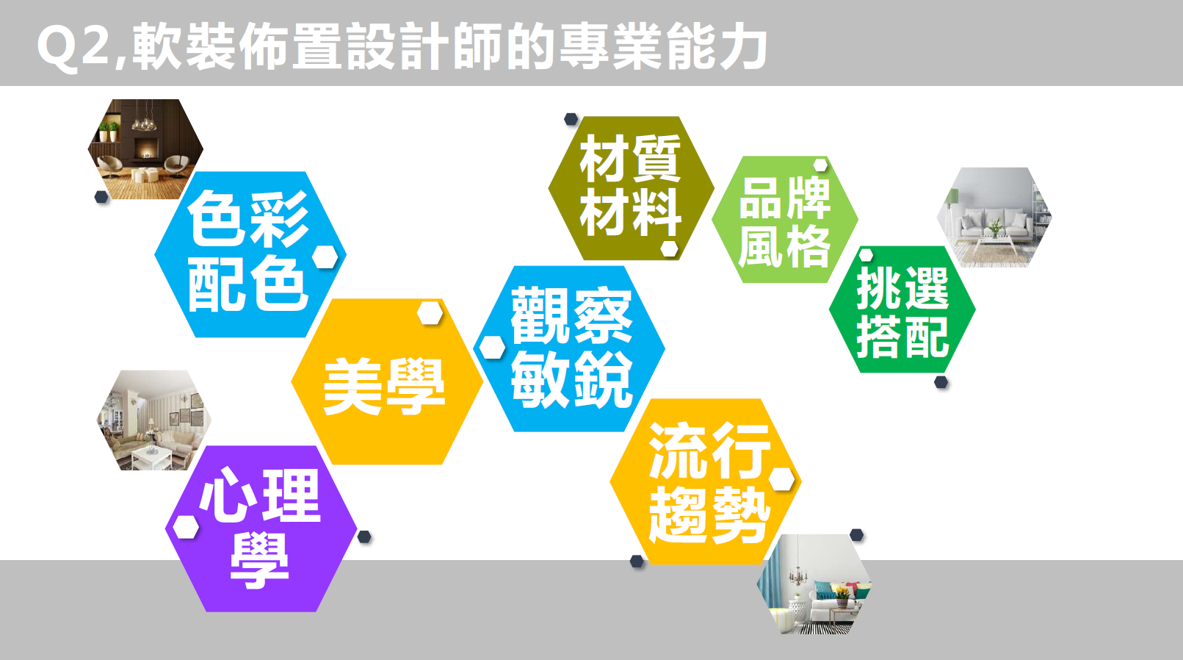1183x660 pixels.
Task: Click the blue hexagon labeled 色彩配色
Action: [250, 254]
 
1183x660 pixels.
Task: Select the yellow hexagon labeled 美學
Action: [387, 381]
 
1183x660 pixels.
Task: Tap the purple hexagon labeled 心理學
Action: [261, 529]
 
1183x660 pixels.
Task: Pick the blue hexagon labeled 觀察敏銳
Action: [569, 349]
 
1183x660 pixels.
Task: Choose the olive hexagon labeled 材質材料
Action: [632, 188]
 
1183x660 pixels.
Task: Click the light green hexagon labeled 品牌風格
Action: [785, 219]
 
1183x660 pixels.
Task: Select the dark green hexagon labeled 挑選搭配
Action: [902, 309]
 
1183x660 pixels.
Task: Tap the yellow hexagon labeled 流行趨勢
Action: [706, 481]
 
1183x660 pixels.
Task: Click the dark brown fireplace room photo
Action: [145, 149]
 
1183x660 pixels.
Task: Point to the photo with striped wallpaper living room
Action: [154, 420]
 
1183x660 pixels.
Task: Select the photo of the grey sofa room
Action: [994, 217]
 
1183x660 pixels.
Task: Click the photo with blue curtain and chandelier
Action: [814, 584]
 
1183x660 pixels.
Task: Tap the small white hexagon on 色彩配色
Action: [325, 257]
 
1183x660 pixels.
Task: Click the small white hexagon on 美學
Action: [430, 313]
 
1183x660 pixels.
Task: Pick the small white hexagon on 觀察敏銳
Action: [492, 348]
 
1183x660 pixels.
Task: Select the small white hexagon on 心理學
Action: [186, 528]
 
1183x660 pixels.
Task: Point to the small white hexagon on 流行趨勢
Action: [781, 478]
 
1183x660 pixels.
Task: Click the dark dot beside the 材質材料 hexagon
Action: [571, 119]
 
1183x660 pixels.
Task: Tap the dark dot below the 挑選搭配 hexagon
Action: [941, 382]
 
